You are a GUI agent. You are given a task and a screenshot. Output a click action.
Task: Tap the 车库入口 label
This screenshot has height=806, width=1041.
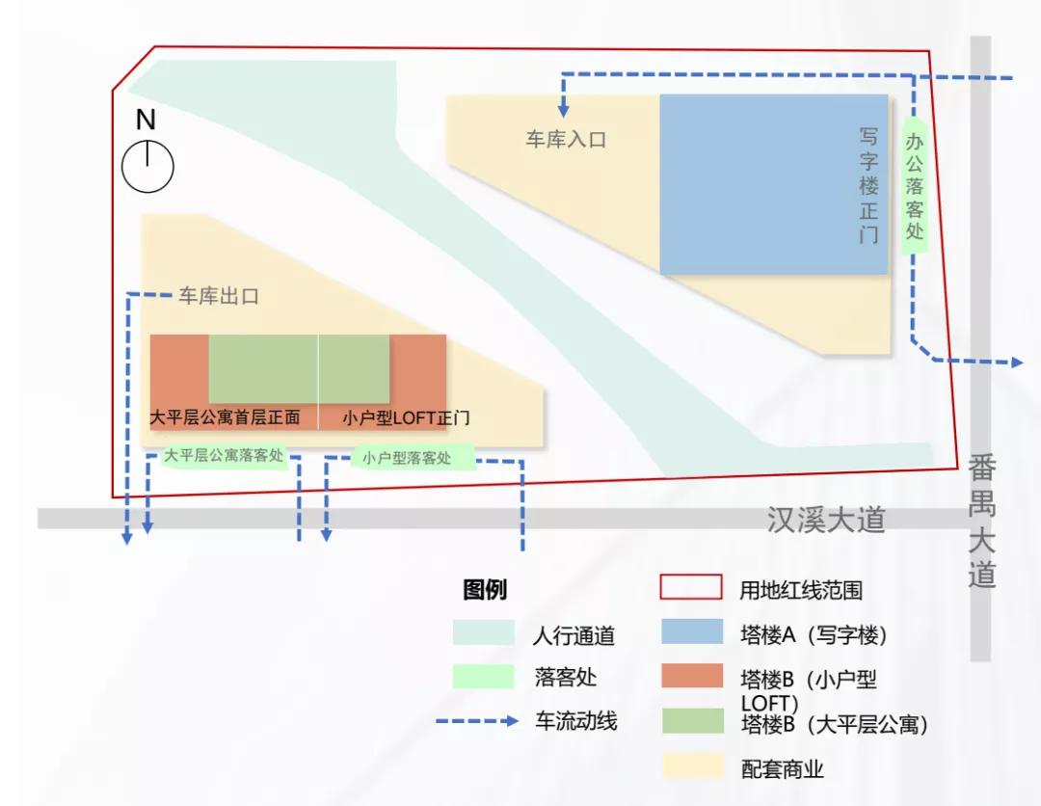pyautogui.click(x=566, y=140)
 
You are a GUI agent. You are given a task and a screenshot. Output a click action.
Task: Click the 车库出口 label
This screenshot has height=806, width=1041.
pyautogui.click(x=218, y=296)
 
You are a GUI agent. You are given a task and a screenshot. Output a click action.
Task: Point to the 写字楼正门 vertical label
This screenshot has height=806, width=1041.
pyautogui.click(x=869, y=185)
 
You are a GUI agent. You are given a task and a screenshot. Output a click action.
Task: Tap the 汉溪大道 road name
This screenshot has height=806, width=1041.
pyautogui.click(x=826, y=521)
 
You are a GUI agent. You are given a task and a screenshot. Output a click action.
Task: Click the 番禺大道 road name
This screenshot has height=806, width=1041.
pyautogui.click(x=982, y=521)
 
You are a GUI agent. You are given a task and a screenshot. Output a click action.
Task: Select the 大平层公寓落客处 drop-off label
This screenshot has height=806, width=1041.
pyautogui.click(x=224, y=456)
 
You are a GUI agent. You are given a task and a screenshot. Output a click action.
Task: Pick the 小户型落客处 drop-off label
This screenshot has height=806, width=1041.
pyautogui.click(x=407, y=458)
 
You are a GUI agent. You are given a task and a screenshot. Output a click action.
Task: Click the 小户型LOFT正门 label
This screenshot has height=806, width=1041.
pyautogui.click(x=407, y=418)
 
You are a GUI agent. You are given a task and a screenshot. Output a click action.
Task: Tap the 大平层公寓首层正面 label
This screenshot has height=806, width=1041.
pyautogui.click(x=225, y=418)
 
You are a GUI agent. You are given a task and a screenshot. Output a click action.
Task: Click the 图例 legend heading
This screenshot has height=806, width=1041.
pyautogui.click(x=485, y=590)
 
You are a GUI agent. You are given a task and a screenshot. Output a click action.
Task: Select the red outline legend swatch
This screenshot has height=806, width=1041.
pyautogui.click(x=691, y=587)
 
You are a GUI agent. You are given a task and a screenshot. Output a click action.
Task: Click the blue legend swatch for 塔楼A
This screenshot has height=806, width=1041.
pyautogui.click(x=691, y=632)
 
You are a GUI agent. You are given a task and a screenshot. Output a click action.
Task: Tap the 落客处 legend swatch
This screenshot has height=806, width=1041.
pyautogui.click(x=484, y=677)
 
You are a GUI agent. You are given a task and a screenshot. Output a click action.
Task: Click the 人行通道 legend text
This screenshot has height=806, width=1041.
pyautogui.click(x=574, y=636)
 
